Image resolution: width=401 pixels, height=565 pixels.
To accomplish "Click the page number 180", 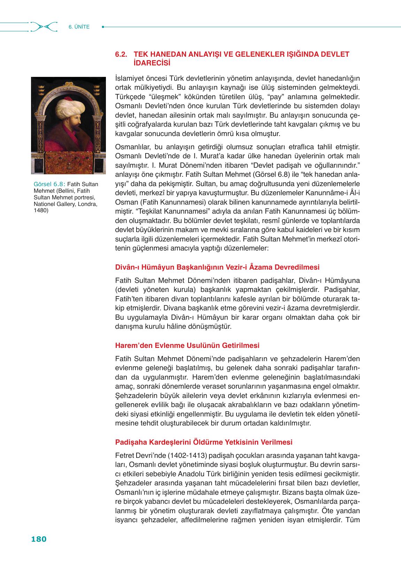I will coord(39,539).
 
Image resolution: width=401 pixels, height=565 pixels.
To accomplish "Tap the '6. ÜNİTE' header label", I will coord(79,27).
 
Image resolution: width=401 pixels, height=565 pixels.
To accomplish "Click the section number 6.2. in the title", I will coord(122,55).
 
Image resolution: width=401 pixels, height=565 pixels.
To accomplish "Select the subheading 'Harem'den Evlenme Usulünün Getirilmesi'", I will coord(187,345).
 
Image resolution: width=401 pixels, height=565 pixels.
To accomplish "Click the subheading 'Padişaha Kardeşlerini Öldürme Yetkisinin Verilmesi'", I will coord(203,442).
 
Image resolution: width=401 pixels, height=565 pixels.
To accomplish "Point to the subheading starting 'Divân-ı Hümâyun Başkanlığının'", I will coord(217,267).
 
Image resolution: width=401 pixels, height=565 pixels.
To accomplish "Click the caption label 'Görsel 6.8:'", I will coord(49,184).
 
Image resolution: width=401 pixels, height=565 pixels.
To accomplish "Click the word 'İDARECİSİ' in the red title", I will coord(152,63).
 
